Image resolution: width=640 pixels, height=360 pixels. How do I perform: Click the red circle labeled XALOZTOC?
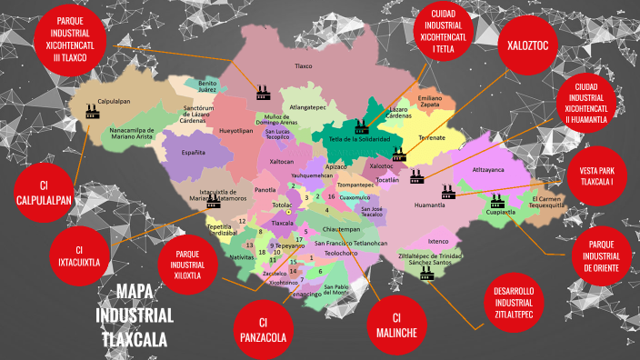tap(526, 44)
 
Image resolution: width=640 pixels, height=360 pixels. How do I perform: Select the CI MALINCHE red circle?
tap(395, 325)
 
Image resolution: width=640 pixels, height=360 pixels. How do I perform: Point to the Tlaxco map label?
tap(303, 65)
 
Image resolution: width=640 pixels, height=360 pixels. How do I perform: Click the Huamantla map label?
tap(429, 206)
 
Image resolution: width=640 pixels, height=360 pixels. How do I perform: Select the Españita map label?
tap(194, 152)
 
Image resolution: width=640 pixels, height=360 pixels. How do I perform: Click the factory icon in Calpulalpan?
tap(92, 110)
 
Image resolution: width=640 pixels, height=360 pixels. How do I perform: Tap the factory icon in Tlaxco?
tap(263, 92)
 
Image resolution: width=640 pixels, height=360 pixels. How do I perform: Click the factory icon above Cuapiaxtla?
tap(496, 200)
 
